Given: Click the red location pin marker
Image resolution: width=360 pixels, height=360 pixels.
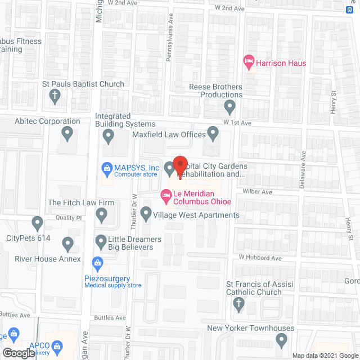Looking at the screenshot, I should [179, 166].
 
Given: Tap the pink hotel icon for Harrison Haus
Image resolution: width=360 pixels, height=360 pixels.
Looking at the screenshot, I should [248, 62].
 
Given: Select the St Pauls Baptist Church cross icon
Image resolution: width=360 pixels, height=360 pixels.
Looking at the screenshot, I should [55, 96].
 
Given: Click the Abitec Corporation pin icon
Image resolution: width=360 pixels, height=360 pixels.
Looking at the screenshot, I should [67, 133].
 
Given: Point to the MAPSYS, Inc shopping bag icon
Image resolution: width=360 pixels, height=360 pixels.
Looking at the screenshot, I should [105, 168].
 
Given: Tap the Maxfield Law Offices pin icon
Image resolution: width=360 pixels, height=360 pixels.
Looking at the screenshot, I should [213, 133].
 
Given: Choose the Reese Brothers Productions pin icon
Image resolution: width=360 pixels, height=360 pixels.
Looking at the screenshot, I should [229, 106].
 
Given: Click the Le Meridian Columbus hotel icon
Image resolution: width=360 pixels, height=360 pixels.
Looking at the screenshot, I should [166, 195].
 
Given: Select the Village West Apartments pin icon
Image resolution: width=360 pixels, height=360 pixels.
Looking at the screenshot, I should [146, 213].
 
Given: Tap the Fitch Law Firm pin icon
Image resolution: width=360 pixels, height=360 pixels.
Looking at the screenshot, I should [102, 214].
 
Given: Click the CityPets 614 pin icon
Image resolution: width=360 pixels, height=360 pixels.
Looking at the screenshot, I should [37, 223].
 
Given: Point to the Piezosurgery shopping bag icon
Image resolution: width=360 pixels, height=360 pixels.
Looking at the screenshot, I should [97, 263].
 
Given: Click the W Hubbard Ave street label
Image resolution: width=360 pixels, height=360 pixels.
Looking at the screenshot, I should [259, 258].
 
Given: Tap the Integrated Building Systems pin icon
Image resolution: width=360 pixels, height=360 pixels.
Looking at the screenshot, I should [108, 135].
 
